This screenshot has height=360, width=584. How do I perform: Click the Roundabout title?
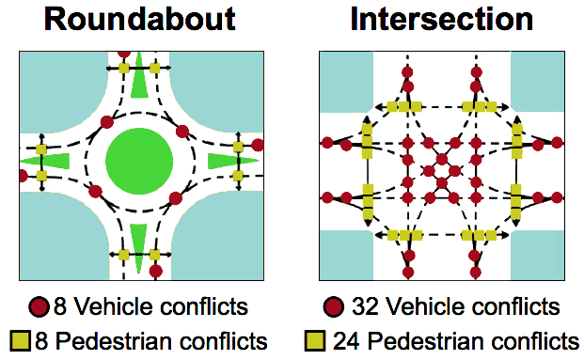pos(139,21)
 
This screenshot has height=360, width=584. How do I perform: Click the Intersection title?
pos(441,21)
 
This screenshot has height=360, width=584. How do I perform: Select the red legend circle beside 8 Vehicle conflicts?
pos(39,307)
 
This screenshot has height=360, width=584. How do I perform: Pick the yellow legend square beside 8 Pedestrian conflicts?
pos(22,338)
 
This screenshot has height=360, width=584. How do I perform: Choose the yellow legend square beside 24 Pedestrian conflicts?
pos(317,338)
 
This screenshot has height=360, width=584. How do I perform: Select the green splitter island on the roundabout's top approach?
pos(139,79)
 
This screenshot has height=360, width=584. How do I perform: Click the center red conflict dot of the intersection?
pos(442,170)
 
